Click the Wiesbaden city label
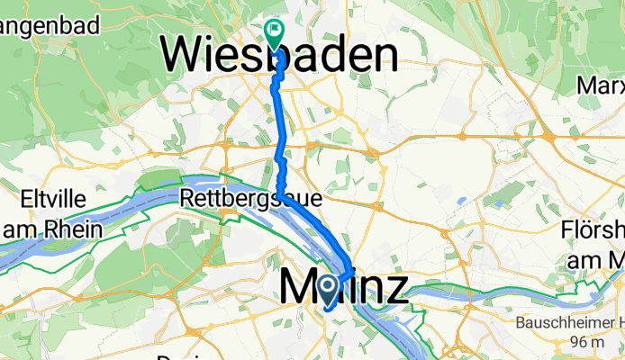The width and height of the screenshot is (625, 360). [279, 56]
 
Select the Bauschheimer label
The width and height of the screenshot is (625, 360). [568, 322]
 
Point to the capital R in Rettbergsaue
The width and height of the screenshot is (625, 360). [187, 196]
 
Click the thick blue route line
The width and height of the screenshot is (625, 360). [281, 135]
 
